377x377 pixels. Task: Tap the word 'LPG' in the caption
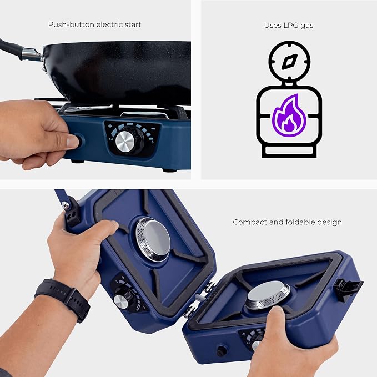(x=289, y=25)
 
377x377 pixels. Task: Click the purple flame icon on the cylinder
(x=289, y=115)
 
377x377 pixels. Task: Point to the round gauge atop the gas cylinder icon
(x=289, y=62)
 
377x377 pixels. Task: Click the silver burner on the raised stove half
(x=153, y=240)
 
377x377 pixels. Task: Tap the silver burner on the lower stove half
(x=268, y=295)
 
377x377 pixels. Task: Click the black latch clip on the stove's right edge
(x=348, y=289)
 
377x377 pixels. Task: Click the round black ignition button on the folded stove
(x=222, y=351)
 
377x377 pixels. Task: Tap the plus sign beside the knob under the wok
(x=110, y=126)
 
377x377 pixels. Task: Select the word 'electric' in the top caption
(x=109, y=24)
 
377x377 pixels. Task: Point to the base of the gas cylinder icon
(x=289, y=151)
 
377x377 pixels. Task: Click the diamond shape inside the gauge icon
(x=289, y=61)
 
